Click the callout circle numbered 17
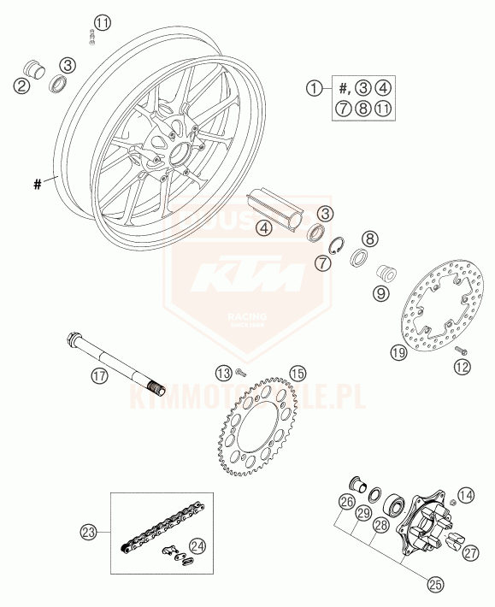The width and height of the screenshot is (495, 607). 101,374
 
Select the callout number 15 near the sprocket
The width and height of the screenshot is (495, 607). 297,373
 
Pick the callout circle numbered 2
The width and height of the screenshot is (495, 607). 21,83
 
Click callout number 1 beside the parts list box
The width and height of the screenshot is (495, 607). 317,86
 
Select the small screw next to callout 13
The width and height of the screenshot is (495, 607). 241,371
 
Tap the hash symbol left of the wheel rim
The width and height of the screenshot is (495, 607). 37,181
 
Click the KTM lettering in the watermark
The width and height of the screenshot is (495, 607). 247,280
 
